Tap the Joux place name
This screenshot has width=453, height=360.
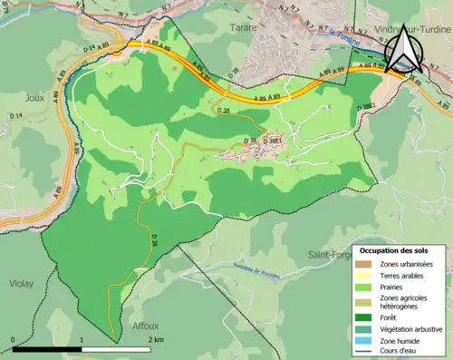pyautogui.click(x=34, y=99)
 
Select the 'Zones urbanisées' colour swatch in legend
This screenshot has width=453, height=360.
pyautogui.click(x=366, y=264)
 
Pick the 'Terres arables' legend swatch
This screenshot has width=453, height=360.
pyautogui.click(x=366, y=276)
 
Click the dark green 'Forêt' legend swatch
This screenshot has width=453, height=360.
pyautogui.click(x=366, y=316)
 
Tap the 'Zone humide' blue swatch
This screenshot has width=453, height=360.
pyautogui.click(x=366, y=340)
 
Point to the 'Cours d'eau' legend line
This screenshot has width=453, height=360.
pyautogui.click(x=366, y=351)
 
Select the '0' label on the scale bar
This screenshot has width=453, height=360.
pyautogui.click(x=14, y=339)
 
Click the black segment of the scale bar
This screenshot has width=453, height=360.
pyautogui.click(x=47, y=349)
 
